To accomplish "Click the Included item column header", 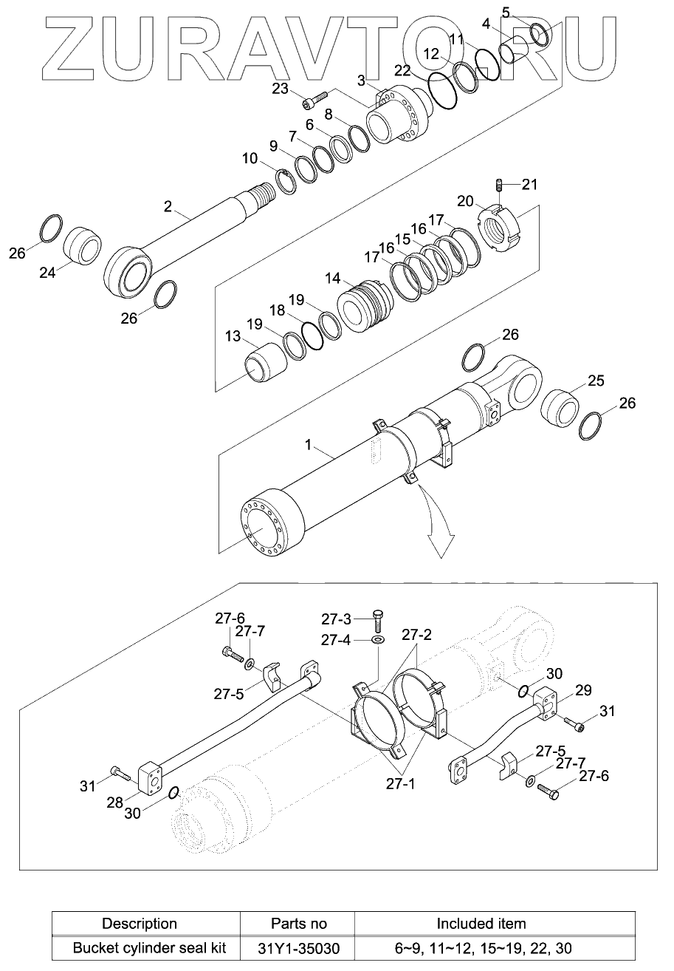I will point(481,923).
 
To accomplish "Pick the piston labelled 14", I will point(364,305).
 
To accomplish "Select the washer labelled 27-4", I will point(378,638).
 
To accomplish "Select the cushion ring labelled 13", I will point(265,361).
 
